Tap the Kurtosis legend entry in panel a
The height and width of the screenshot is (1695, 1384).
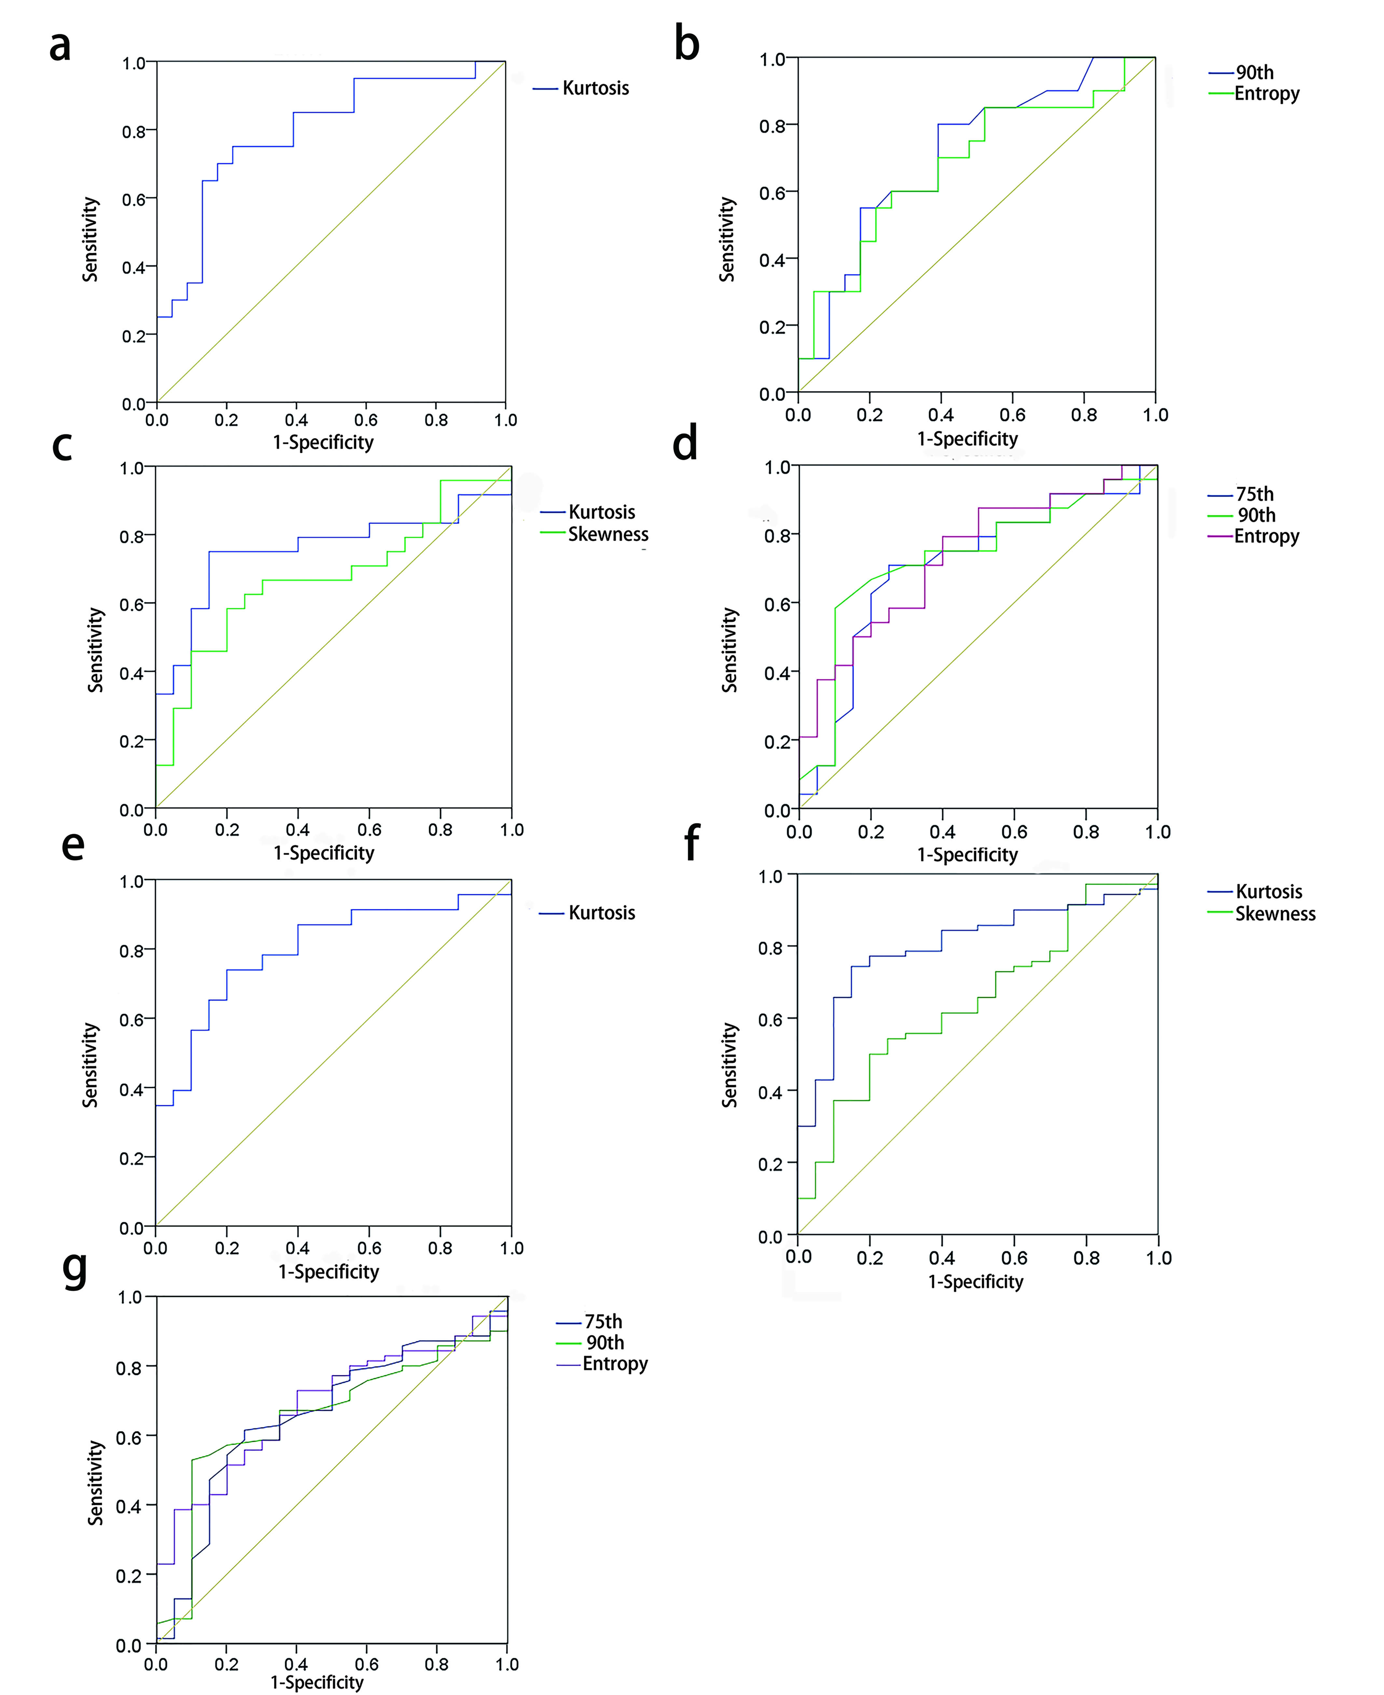point(595,89)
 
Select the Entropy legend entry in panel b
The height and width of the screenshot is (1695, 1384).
point(1266,94)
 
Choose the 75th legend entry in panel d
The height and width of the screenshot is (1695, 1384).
point(1254,494)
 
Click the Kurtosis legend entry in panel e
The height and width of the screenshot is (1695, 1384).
point(601,913)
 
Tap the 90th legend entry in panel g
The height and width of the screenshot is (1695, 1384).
point(605,1343)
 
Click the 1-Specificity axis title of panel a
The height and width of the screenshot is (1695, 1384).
point(323,443)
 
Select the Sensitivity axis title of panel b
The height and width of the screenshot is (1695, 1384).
point(726,239)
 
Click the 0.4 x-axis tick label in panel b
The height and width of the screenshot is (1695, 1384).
point(941,415)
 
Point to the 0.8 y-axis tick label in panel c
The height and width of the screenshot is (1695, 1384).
point(131,537)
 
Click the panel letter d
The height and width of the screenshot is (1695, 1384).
point(685,444)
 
